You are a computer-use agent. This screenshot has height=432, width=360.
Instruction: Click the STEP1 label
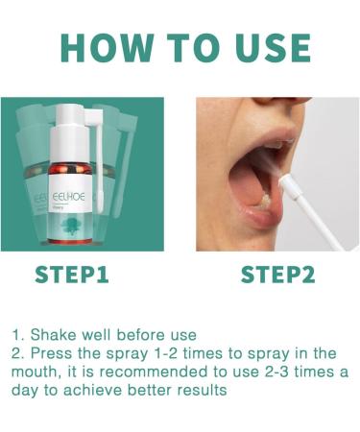click(72, 275)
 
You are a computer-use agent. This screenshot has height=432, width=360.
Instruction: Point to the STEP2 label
click(277, 275)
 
